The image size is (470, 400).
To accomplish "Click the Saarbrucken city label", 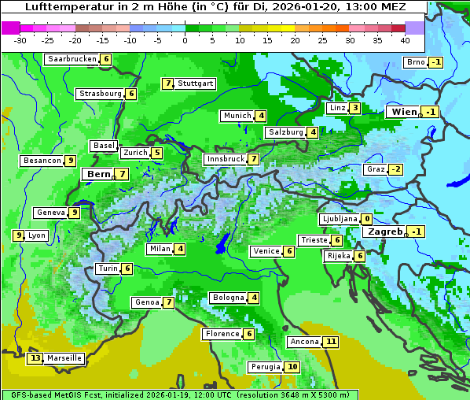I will point(72,59).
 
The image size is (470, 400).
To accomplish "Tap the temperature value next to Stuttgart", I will point(167,83).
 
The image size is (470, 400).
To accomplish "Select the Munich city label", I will point(237,116).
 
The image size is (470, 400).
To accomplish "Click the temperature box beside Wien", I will point(429,113).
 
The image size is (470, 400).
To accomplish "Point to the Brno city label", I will point(414,63).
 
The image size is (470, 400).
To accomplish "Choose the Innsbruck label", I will point(225,159).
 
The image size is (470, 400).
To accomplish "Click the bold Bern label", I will point(98,174).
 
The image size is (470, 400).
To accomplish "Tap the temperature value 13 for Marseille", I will point(35,358).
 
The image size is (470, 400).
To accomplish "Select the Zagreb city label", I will point(385,231).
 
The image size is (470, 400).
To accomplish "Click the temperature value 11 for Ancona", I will point(332,342).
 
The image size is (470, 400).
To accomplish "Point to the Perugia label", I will point(265,367).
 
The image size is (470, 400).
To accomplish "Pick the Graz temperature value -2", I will point(395,169).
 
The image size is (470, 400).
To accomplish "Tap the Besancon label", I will point(42,161).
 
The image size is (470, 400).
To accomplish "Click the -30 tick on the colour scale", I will point(20,40).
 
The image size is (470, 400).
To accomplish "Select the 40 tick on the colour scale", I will point(405,40).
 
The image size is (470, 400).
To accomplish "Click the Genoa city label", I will point(147,302).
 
